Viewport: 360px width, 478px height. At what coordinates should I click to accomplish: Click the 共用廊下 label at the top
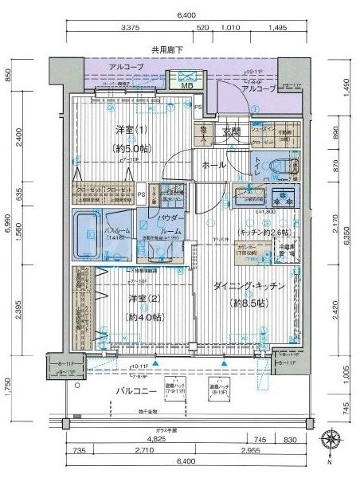pos(167,49)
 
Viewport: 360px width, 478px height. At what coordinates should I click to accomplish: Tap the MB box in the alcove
pos(188,85)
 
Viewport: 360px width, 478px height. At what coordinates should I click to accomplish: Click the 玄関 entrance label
pos(231,131)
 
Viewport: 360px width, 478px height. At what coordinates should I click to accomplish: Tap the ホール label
pos(213,165)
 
